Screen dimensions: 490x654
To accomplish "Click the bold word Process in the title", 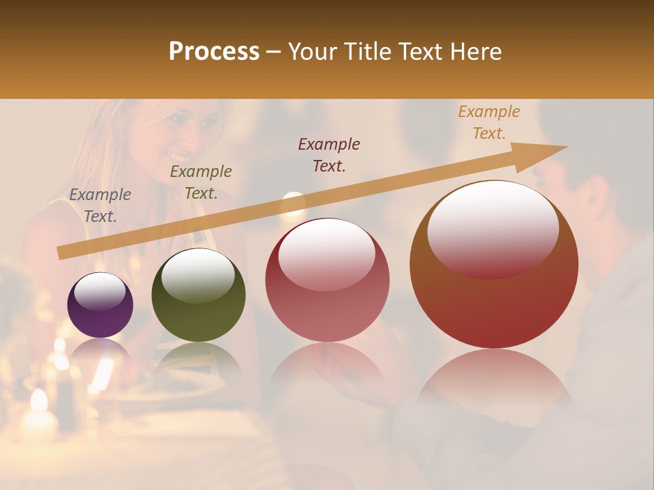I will point(214,52).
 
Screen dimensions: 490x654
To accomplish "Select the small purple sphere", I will point(100,305).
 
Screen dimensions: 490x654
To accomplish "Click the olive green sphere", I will point(198,295).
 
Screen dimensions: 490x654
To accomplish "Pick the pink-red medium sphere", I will point(327,280).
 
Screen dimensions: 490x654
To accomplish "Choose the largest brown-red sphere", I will point(494,264).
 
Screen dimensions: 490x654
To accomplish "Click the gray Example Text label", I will point(100,206).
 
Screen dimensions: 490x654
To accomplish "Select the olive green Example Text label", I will point(201,182).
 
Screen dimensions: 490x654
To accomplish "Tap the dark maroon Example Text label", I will point(329,154).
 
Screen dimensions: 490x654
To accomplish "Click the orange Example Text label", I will point(488,122).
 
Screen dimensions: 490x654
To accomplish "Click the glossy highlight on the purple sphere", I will point(100,291).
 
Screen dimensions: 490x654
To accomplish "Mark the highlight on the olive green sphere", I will point(198,274).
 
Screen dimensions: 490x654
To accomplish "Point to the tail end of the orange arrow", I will point(63,253).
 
